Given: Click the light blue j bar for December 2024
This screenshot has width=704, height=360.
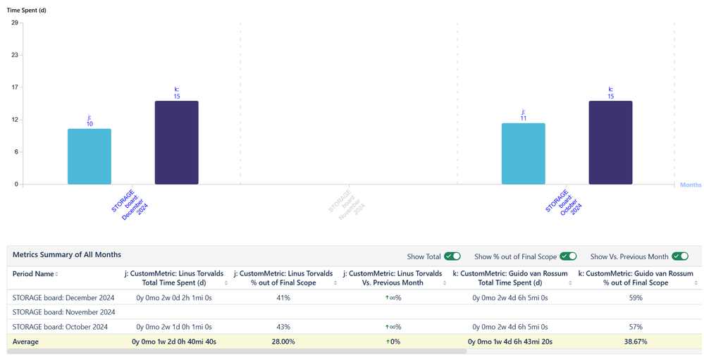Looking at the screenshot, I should pyautogui.click(x=89, y=156).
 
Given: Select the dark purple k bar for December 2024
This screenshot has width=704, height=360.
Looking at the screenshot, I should pyautogui.click(x=176, y=142).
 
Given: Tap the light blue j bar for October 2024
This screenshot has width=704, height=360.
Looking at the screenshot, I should pyautogui.click(x=523, y=154).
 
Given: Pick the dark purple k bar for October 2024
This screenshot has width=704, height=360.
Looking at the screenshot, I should pyautogui.click(x=610, y=142).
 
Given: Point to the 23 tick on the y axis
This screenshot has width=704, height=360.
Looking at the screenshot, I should pyautogui.click(x=15, y=55).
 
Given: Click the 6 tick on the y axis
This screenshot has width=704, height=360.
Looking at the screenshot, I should pyautogui.click(x=16, y=152).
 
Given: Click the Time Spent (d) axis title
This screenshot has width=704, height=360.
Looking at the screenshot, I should pyautogui.click(x=27, y=11).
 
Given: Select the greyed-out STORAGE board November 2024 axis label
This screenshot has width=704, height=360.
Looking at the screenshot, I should pyautogui.click(x=347, y=202).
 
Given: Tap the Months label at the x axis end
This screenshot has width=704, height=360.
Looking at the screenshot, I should pyautogui.click(x=690, y=185).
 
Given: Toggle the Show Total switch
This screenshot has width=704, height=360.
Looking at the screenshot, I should pyautogui.click(x=452, y=256).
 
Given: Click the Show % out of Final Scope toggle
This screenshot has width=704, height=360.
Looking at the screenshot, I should pyautogui.click(x=568, y=256).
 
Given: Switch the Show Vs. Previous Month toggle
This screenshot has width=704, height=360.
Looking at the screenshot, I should pyautogui.click(x=680, y=256).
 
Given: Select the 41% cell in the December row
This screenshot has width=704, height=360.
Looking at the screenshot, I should pyautogui.click(x=283, y=298).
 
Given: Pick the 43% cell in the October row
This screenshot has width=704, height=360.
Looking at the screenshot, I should pyautogui.click(x=283, y=327).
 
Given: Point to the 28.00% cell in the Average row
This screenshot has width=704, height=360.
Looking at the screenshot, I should pyautogui.click(x=283, y=342).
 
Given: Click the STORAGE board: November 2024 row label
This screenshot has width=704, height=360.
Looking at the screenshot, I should pyautogui.click(x=63, y=312).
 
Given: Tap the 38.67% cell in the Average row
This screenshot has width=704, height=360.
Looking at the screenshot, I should pyautogui.click(x=635, y=342).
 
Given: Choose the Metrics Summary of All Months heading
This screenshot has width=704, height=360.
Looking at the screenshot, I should pyautogui.click(x=67, y=254).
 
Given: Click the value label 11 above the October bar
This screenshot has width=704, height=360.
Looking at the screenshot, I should pyautogui.click(x=524, y=118).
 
